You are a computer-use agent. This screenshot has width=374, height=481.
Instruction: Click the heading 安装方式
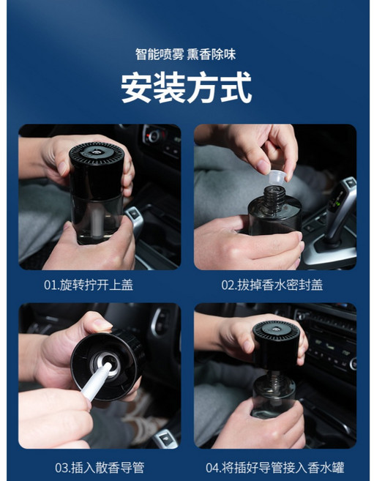tap(187, 89)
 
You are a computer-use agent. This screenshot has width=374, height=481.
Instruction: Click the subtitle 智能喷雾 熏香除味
tap(187, 54)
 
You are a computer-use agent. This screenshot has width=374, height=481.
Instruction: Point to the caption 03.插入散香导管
tap(97, 466)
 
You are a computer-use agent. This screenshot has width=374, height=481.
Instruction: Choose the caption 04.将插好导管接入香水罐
tap(274, 466)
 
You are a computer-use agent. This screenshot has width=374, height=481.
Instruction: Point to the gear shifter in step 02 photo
tap(341, 212)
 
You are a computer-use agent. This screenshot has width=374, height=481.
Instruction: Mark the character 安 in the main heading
tap(137, 89)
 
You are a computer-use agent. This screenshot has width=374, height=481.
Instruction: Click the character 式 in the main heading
tap(236, 89)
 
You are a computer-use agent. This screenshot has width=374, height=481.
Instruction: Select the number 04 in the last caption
tap(213, 466)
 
